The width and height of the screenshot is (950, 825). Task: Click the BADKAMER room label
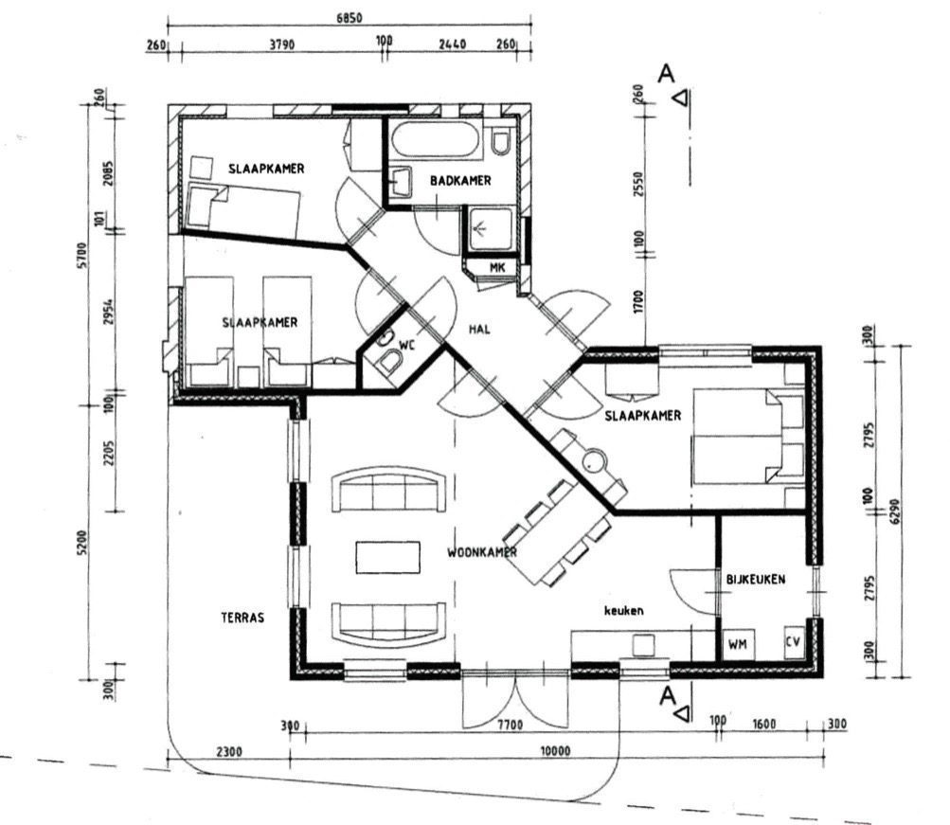[460, 181]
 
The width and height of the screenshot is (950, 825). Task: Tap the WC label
[406, 345]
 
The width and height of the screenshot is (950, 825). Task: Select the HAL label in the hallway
[479, 329]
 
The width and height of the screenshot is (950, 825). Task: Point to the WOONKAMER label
[482, 552]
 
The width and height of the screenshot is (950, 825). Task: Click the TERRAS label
[242, 618]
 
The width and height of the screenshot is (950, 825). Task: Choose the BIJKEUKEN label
[756, 579]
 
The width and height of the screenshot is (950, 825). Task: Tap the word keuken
[623, 611]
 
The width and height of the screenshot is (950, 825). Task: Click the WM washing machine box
[737, 644]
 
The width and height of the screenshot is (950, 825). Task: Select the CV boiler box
[794, 641]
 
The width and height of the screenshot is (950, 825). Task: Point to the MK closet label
[497, 267]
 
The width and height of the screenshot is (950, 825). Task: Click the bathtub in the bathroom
[436, 140]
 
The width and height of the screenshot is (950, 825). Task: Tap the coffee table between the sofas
[387, 557]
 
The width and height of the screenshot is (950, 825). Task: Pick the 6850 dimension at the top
[349, 18]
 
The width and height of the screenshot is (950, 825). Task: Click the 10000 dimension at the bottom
[555, 751]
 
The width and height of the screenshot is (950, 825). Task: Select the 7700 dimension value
[511, 725]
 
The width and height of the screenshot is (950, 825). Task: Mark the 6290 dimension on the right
[895, 511]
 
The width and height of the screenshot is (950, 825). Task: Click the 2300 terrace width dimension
[228, 752]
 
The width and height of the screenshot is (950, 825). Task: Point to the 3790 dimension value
[281, 45]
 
